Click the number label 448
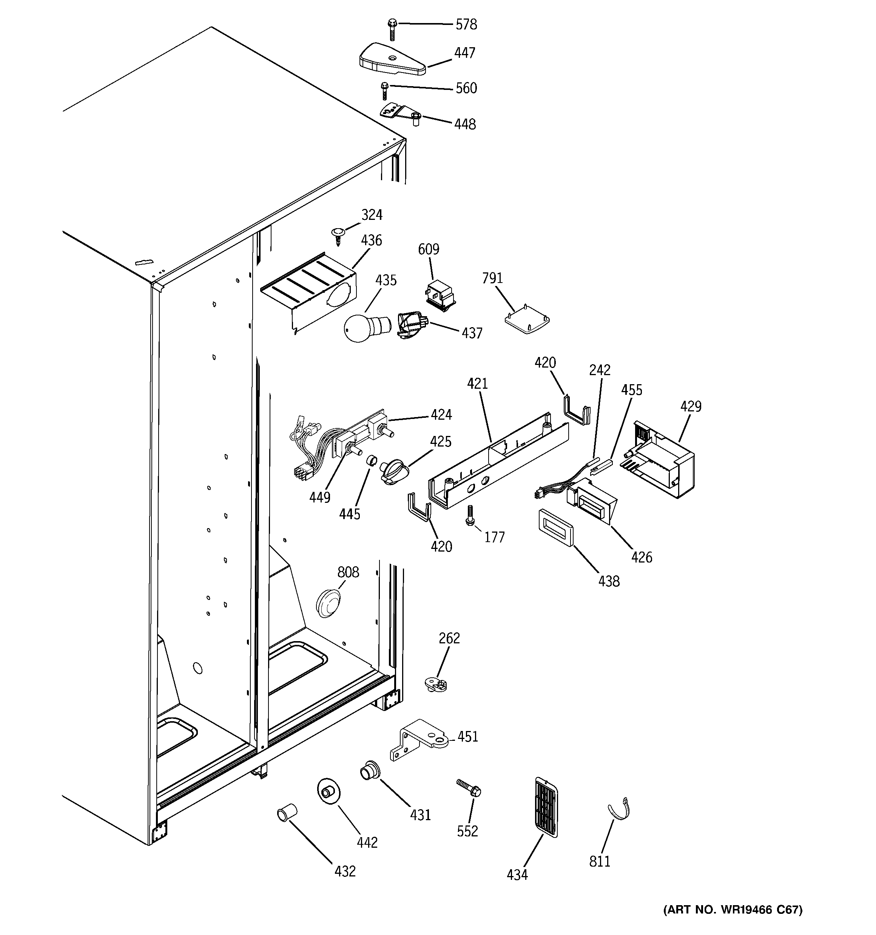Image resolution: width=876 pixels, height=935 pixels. pos(464,125)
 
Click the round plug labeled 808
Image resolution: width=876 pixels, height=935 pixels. pos(328,603)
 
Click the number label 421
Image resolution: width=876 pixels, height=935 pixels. pos(477,384)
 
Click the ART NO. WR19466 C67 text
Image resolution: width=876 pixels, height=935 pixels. pos(733,910)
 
